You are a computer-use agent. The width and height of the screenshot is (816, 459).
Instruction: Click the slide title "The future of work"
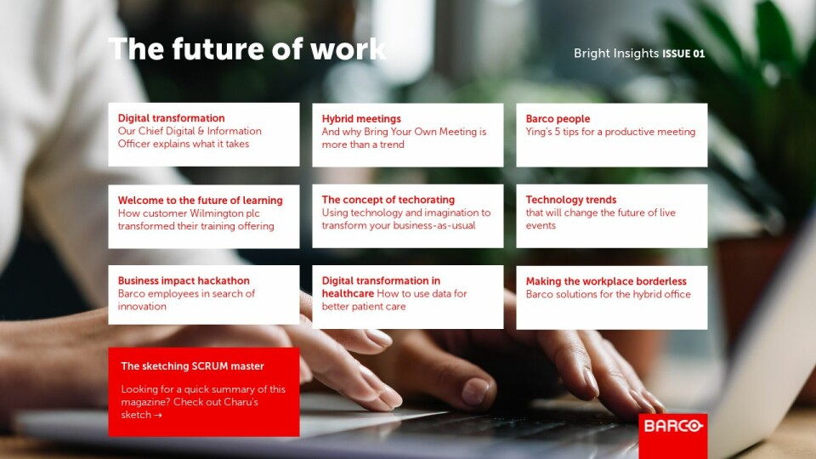pyautogui.click(x=247, y=49)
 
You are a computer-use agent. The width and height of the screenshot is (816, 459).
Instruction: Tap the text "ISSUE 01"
pyautogui.click(x=683, y=54)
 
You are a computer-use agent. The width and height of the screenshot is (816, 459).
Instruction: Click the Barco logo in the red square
pyautogui.click(x=673, y=426)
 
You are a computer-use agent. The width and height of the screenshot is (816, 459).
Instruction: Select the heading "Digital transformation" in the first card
pyautogui.click(x=171, y=118)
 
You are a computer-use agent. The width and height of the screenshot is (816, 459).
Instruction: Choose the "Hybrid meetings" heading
pyautogui.click(x=361, y=119)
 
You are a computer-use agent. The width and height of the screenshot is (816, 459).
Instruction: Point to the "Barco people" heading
pyautogui.click(x=558, y=119)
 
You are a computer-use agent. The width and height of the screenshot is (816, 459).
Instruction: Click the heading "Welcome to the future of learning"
pyautogui.click(x=201, y=201)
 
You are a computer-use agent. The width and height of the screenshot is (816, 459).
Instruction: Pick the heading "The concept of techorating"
pyautogui.click(x=388, y=200)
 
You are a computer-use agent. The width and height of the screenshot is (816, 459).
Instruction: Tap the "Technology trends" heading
pyautogui.click(x=571, y=200)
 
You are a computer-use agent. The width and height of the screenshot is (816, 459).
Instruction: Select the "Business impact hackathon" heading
pyautogui.click(x=184, y=280)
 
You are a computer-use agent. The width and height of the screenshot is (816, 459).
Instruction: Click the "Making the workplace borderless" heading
pyautogui.click(x=606, y=281)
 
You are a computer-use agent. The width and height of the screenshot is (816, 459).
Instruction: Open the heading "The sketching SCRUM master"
pyautogui.click(x=193, y=365)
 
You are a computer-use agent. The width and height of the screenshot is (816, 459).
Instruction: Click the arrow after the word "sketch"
pyautogui.click(x=158, y=416)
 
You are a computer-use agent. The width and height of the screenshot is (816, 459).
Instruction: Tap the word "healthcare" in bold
pyautogui.click(x=348, y=293)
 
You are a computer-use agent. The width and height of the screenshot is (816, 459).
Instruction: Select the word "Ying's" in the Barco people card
pyautogui.click(x=538, y=132)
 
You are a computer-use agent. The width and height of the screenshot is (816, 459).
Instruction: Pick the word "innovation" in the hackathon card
pyautogui.click(x=142, y=307)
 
